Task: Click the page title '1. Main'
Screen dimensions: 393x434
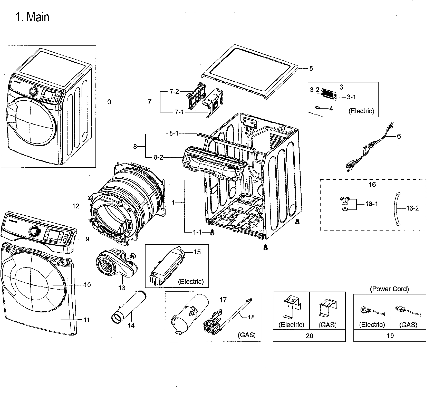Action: pos(32,17)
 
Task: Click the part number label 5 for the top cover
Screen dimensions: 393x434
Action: pos(311,69)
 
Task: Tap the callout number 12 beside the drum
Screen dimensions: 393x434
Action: pos(76,206)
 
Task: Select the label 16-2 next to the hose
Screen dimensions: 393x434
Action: pos(412,208)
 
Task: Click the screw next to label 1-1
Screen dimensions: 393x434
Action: pos(212,232)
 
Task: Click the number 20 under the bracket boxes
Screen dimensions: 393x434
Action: pos(309,336)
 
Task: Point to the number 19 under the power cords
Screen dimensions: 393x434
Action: pos(390,336)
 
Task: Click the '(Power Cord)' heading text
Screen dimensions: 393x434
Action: pos(389,289)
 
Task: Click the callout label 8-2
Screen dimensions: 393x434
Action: pos(158,157)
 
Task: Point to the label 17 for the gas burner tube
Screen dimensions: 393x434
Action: pos(223,300)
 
